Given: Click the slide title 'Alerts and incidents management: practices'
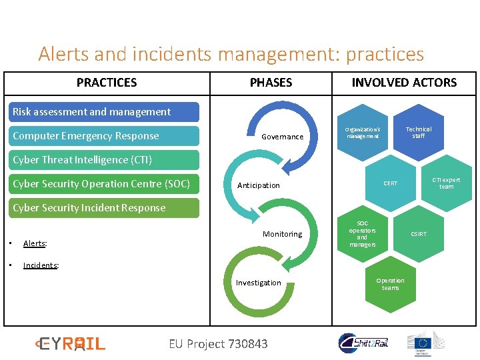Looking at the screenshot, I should point(231,53).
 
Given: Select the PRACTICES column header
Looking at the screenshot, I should point(107,83).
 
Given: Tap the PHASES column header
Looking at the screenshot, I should point(271,83).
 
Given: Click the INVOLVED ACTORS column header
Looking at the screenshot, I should point(404,83).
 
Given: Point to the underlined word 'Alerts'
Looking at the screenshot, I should point(34,244).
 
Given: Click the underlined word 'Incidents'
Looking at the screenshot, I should point(40,265).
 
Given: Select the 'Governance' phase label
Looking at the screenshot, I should point(282,137).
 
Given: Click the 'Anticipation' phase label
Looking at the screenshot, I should point(259,185).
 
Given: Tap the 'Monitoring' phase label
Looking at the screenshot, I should point(282,234).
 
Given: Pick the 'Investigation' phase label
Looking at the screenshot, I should point(259,283).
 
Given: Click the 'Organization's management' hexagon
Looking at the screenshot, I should point(362,133).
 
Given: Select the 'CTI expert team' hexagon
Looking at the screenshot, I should point(446,183).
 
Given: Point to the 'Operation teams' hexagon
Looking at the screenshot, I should point(390,284).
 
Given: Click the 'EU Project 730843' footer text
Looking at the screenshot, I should point(218,344).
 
